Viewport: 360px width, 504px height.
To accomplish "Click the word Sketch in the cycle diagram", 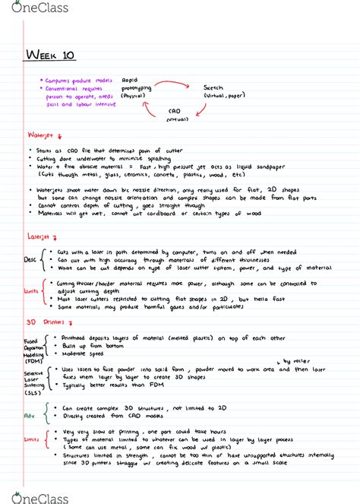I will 216,89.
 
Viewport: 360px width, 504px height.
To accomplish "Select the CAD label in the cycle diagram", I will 175,114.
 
